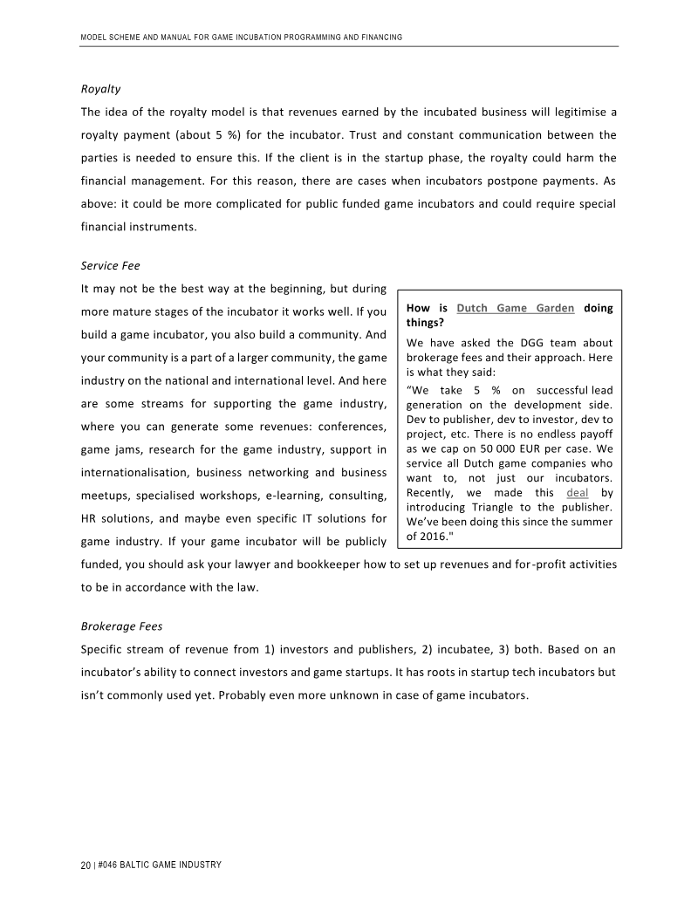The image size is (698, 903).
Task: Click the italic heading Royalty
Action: click(x=100, y=89)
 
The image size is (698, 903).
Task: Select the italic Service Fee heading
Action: click(x=110, y=265)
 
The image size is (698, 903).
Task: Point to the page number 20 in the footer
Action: click(x=85, y=865)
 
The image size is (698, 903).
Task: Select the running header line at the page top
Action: click(x=241, y=38)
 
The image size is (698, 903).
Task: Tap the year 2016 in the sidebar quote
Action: click(x=438, y=537)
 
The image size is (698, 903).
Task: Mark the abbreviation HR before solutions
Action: click(x=89, y=519)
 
